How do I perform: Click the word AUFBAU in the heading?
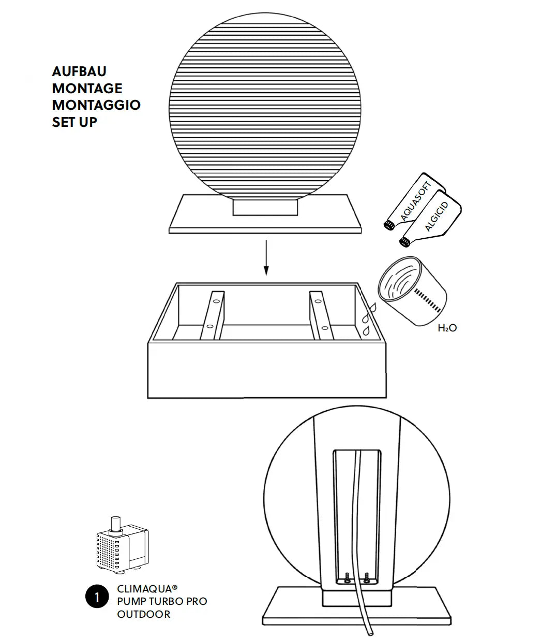[79, 71]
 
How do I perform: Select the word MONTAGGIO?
[96, 105]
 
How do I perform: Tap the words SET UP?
[74, 122]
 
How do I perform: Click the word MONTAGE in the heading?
[87, 89]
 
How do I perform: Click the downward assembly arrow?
[266, 257]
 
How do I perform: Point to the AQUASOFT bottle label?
[416, 201]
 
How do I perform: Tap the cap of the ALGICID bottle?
[404, 242]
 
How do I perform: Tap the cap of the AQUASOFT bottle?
[389, 225]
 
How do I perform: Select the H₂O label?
[447, 328]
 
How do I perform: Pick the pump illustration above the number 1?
[123, 545]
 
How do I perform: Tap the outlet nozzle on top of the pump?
[116, 523]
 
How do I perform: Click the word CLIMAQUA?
[145, 589]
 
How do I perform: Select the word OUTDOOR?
[143, 614]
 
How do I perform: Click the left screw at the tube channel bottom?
[348, 577]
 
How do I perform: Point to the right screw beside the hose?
[367, 577]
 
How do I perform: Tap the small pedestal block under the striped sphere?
[265, 207]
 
